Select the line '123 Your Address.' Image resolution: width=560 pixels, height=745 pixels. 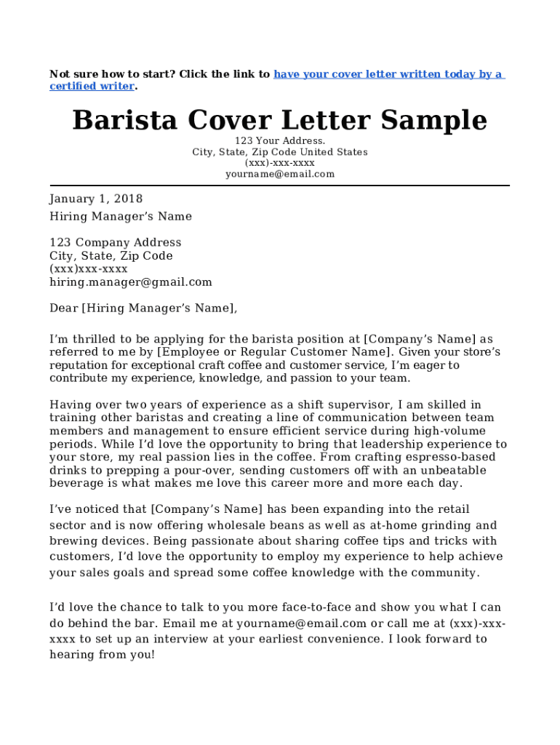coord(279,140)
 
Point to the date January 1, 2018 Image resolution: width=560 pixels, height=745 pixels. coord(96,199)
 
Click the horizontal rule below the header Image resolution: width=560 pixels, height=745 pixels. coord(279,186)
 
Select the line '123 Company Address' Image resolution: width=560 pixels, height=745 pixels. coord(115,242)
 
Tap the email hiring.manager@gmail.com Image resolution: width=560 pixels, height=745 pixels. coord(131,282)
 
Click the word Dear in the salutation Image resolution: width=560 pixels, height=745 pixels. coord(63,308)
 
